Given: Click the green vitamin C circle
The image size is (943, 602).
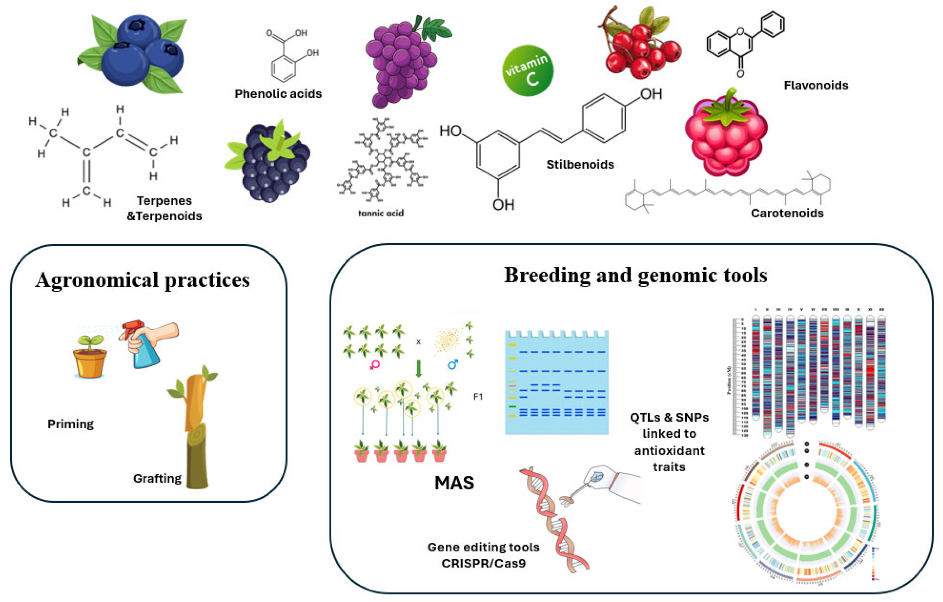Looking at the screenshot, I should (528, 71).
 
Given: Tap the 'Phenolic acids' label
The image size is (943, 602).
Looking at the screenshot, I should (278, 94).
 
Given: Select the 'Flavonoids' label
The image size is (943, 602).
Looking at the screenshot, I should (816, 85).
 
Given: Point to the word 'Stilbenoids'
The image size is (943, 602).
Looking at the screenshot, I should (580, 165).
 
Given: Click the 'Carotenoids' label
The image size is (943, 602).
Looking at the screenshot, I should (787, 213).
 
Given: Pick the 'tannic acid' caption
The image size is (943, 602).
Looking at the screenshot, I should (381, 213).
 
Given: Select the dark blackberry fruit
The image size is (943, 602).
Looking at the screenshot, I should (272, 165).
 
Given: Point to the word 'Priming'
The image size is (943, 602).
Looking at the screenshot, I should (70, 424).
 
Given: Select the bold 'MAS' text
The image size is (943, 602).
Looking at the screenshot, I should (454, 483).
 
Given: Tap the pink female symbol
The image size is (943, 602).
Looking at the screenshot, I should (374, 365).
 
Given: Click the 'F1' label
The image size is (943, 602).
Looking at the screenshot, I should (478, 396).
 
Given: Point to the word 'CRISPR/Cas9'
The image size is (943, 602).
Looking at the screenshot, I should (483, 564).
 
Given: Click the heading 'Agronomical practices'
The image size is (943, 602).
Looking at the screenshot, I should (142, 281).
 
